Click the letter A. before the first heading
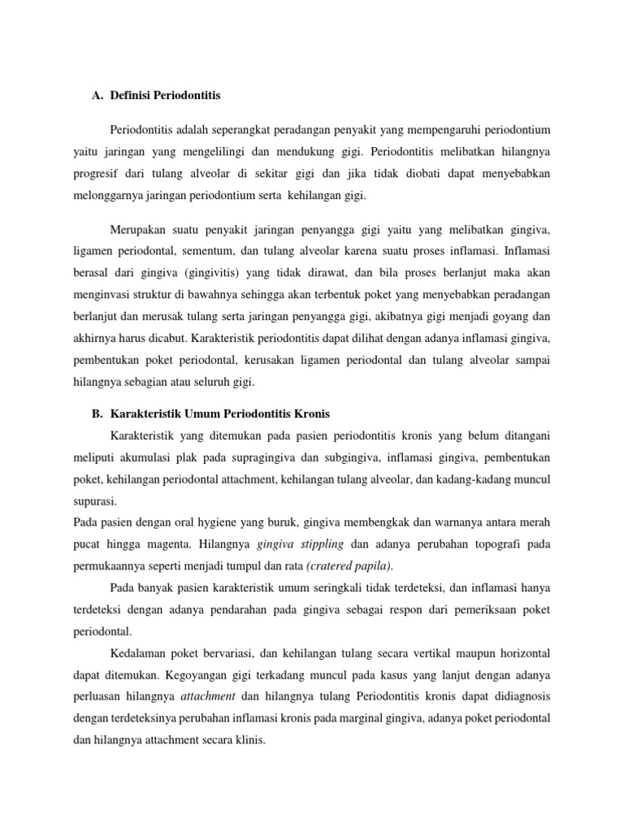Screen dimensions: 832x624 tap(97, 95)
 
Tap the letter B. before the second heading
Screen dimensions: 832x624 tap(97, 414)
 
